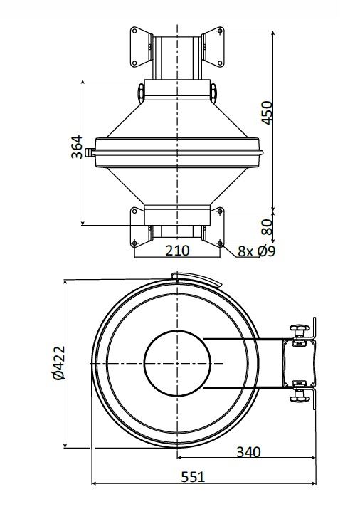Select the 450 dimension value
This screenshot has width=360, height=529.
click(267, 112)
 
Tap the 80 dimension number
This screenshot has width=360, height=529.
click(267, 226)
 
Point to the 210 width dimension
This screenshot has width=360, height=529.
click(177, 250)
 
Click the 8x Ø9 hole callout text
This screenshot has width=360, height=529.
click(257, 251)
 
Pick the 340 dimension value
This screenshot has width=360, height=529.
click(248, 451)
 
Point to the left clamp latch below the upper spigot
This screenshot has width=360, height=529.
click(142, 91)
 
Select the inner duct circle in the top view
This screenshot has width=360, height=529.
click(176, 362)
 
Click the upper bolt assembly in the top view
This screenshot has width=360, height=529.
click(302, 330)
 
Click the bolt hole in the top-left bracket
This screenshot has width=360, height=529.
click(134, 32)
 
